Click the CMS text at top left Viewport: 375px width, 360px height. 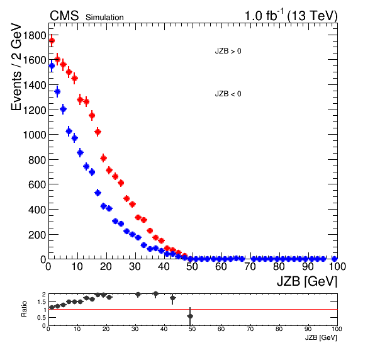pos(64,16)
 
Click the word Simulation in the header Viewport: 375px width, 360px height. pos(104,18)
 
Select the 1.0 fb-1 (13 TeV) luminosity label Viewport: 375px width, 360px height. pos(291,16)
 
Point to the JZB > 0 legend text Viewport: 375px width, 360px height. pos(228,51)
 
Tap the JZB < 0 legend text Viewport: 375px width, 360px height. pos(228,94)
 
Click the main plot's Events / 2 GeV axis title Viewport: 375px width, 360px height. pos(16,67)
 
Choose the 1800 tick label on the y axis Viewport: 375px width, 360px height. pos(35,36)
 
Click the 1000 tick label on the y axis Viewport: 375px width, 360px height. pos(35,135)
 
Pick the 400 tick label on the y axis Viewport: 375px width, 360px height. pos(37,210)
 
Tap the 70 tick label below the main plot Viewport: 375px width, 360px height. pos(250,267)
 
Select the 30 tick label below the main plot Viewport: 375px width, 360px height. pos(135,267)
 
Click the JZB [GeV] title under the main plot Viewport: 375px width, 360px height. pos(307,281)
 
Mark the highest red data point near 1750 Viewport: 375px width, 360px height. pos(52,41)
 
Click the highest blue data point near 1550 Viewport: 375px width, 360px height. pos(52,66)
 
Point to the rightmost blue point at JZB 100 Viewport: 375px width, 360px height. pos(334,259)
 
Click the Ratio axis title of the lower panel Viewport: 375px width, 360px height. pos(24,309)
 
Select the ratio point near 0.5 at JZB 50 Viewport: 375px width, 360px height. pos(190,316)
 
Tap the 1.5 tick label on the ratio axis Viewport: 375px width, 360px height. pos(42,302)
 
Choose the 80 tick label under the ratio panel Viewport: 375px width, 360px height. pos(279,329)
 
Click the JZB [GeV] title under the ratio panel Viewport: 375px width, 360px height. pos(321,338)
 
